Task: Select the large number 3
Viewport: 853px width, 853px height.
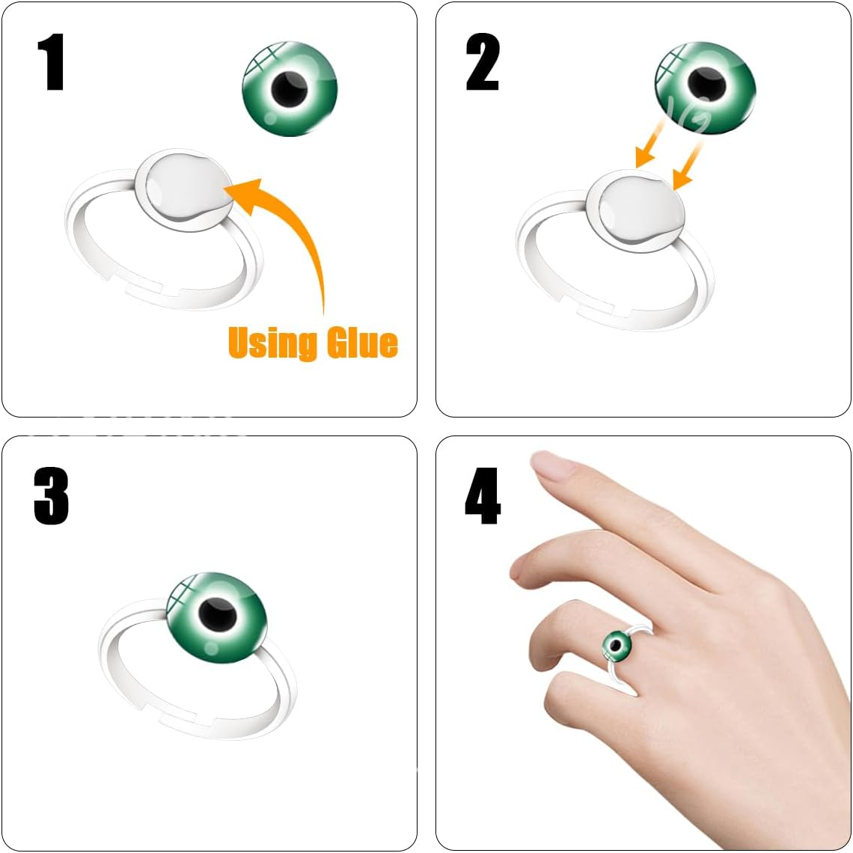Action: pyautogui.click(x=51, y=497)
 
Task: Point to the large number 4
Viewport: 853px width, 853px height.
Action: pyautogui.click(x=482, y=497)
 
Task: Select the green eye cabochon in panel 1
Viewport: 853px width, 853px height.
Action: pyautogui.click(x=290, y=89)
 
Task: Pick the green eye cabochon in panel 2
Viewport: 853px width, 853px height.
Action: pyautogui.click(x=705, y=88)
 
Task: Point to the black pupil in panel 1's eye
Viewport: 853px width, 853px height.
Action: pyautogui.click(x=289, y=90)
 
